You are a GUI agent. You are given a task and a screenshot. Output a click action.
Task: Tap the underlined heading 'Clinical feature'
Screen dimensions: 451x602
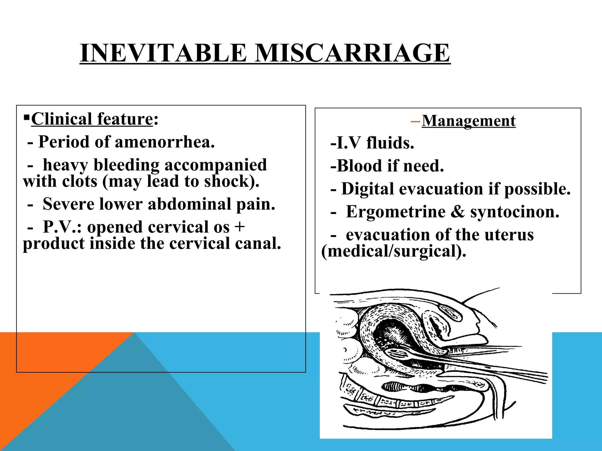(92, 119)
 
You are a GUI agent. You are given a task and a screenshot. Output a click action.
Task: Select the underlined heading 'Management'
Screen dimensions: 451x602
(469, 121)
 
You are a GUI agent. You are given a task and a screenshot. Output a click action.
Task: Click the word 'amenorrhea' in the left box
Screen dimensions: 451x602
(165, 142)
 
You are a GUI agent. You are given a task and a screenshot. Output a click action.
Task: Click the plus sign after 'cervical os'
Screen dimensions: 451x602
(240, 227)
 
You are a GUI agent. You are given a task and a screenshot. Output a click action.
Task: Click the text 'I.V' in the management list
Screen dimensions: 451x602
(348, 143)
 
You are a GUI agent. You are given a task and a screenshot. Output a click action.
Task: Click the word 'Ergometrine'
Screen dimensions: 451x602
(396, 212)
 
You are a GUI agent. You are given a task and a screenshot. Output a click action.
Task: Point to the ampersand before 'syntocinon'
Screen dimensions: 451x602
(457, 212)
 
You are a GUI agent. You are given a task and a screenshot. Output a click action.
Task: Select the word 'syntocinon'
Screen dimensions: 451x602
(515, 212)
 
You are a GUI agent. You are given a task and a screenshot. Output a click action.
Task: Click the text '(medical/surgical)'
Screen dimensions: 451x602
(394, 251)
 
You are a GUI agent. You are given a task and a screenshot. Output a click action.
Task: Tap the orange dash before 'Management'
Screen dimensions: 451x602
(415, 121)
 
